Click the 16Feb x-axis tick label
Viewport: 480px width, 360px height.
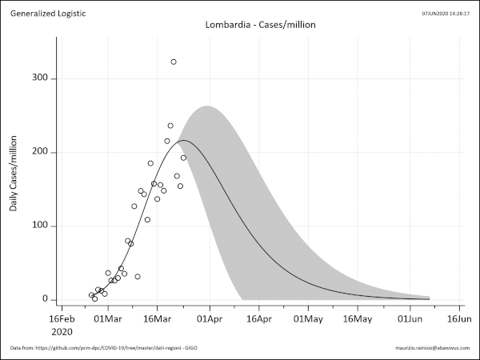coord(58,318)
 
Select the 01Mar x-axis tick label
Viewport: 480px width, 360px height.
coord(107,318)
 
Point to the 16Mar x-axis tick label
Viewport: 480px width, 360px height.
coord(158,318)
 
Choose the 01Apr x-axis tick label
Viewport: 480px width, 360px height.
coord(209,318)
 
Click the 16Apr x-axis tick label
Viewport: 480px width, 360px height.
coord(258,318)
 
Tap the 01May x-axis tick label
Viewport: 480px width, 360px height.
coord(309,318)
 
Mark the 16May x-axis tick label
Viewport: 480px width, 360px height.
coord(358,318)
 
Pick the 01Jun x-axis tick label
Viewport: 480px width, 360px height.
coord(410,318)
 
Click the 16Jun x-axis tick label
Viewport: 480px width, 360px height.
coord(459,318)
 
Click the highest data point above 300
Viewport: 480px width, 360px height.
coord(174,62)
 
